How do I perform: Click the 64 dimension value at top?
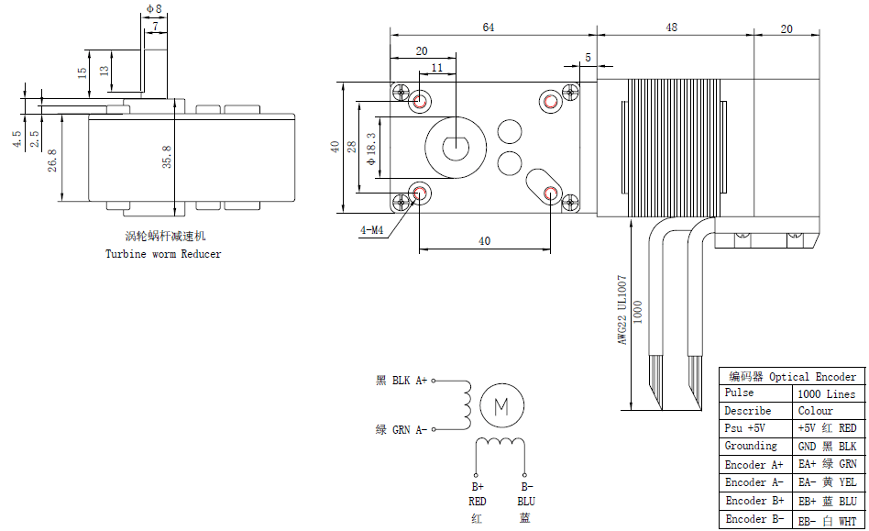point(488,28)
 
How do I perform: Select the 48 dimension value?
point(672,28)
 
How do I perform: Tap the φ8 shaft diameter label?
point(153,9)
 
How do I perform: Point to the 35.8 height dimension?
point(166,159)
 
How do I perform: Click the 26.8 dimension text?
point(52,160)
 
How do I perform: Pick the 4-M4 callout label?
point(371,231)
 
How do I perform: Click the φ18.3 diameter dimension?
point(370,148)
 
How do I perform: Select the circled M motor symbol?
point(501,404)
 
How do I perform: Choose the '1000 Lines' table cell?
point(826,393)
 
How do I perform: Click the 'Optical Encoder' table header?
point(812,376)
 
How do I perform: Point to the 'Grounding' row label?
point(751,447)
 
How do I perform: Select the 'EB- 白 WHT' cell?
point(826,520)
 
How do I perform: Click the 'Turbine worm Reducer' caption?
point(163,254)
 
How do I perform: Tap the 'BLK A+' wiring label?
point(409,380)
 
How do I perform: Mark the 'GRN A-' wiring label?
point(409,429)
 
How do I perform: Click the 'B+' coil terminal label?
point(478,487)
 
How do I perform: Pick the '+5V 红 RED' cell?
point(826,428)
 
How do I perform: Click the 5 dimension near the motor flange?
point(588,57)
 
